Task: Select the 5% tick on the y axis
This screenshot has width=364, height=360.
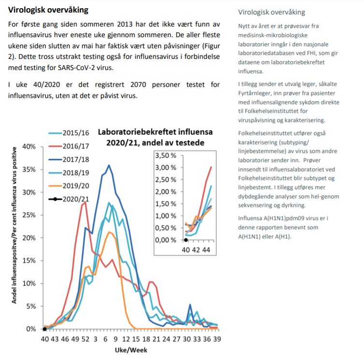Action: tap(30, 306)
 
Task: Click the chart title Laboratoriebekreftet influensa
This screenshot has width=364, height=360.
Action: tap(155, 132)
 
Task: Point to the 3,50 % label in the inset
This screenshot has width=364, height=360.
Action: tap(166, 156)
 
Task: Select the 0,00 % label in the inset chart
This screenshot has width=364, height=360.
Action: tap(166, 240)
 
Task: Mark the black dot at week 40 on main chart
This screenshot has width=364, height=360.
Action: tap(44, 329)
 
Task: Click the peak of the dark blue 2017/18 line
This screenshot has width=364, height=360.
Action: tap(109, 165)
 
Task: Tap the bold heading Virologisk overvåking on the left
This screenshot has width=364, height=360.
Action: tap(48, 10)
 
